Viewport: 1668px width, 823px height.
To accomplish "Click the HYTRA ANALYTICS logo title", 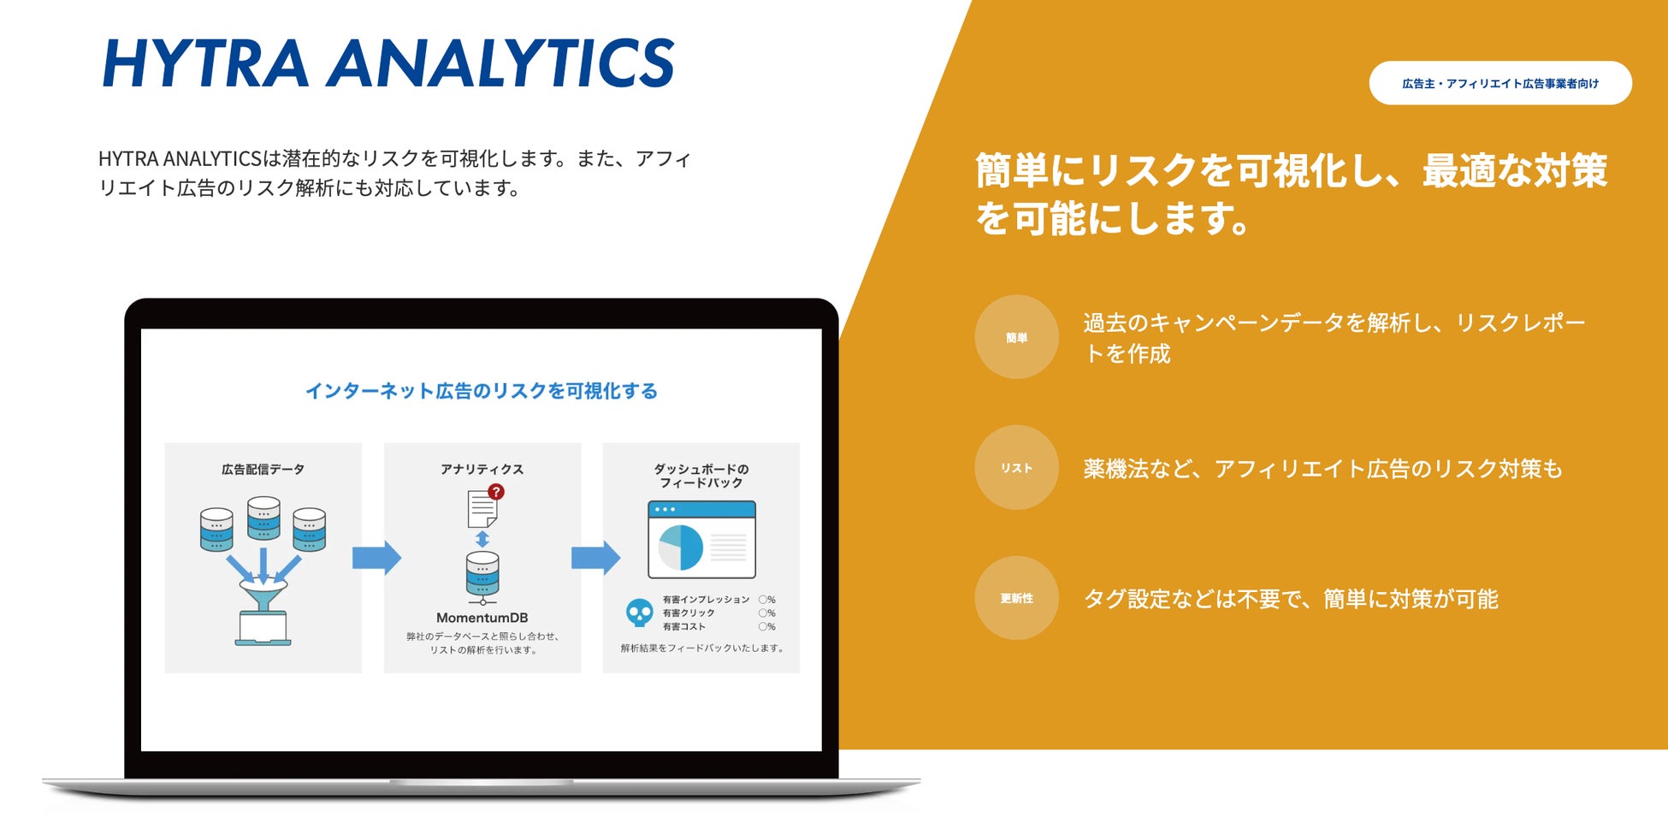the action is tap(388, 62).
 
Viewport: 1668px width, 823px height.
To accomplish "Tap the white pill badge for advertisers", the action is tap(1500, 83).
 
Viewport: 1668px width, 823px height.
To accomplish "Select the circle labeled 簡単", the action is tap(1016, 337).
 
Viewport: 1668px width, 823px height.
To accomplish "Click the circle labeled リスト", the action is tap(1016, 468).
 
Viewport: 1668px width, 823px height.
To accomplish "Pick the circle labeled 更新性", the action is tap(1016, 598).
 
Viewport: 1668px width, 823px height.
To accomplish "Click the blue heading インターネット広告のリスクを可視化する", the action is tap(482, 391).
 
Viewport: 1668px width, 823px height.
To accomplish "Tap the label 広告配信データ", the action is tap(263, 469).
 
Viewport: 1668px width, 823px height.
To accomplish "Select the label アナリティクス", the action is tap(482, 469).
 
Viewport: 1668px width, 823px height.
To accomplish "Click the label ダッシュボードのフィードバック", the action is tap(701, 476).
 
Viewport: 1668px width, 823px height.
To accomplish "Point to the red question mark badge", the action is tap(496, 492).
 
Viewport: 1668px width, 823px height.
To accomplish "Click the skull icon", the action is tap(639, 613).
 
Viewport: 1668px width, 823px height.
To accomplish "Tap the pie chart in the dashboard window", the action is tap(680, 548).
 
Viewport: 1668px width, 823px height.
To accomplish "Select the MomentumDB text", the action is tap(482, 618).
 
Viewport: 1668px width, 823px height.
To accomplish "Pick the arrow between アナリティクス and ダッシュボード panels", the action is tap(595, 558).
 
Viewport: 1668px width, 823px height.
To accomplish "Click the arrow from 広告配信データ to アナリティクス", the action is tap(376, 558).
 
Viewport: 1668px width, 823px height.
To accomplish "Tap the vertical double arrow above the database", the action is tap(482, 539).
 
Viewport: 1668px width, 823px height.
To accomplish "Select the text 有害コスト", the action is tap(684, 626).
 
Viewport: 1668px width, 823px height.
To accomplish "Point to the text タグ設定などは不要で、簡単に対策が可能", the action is tap(1291, 599).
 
